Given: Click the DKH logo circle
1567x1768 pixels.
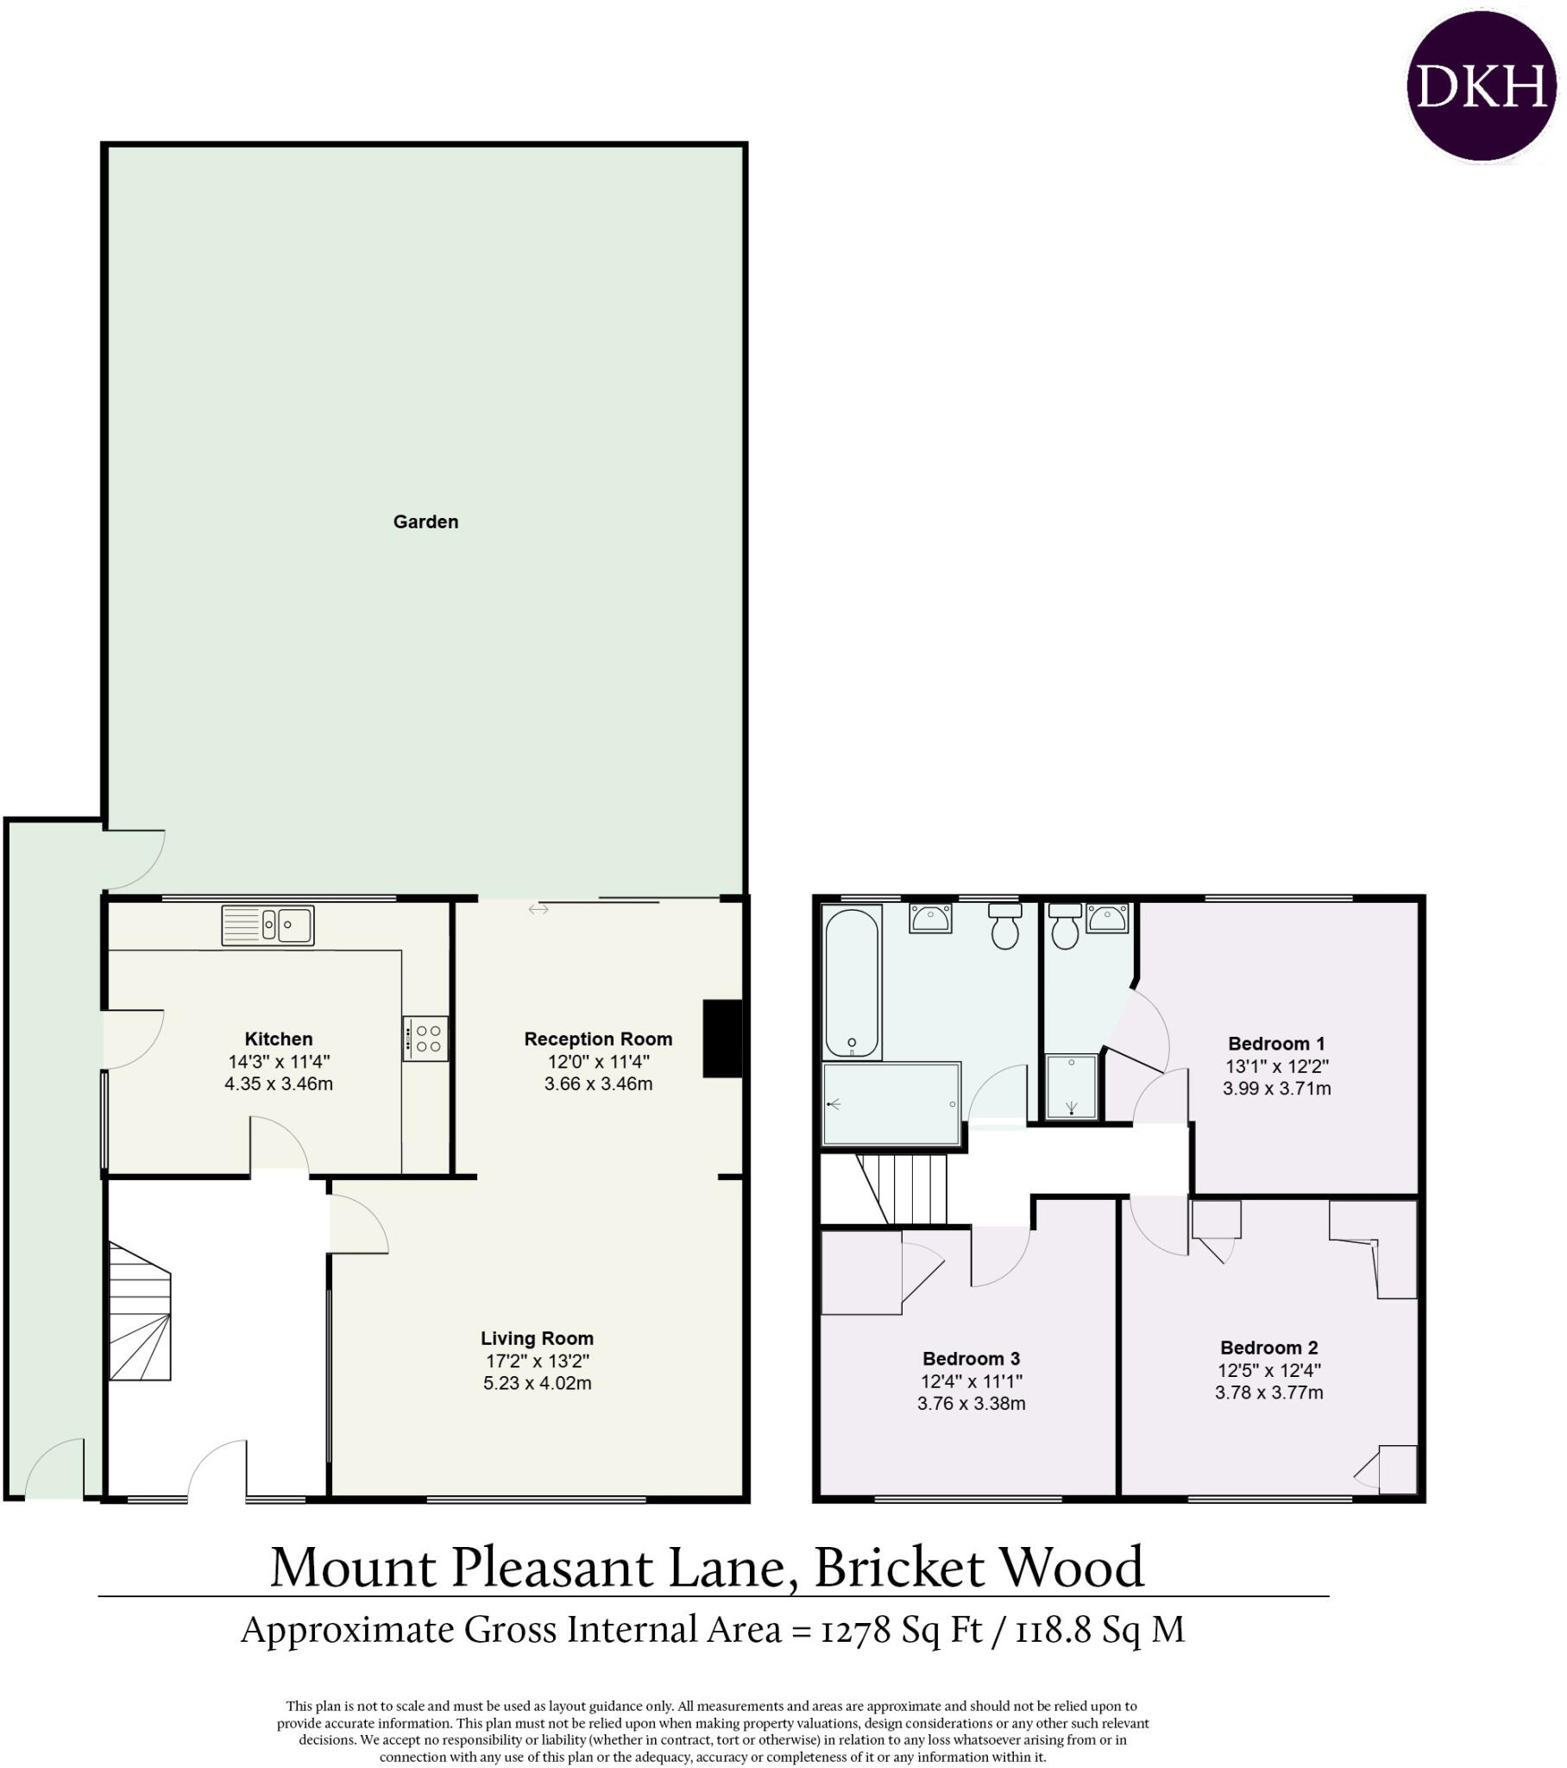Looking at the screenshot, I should click(x=1481, y=86).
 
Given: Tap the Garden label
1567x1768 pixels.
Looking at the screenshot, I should click(x=425, y=521).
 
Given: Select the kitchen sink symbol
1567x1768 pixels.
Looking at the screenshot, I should click(x=267, y=925).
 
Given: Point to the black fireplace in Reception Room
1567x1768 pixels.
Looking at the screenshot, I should click(x=722, y=1038).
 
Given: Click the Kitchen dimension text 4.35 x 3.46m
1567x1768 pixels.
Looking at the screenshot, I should click(x=279, y=1083).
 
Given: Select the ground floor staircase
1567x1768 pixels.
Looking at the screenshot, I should click(x=139, y=1314).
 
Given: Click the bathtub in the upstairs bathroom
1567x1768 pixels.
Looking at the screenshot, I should click(x=852, y=982).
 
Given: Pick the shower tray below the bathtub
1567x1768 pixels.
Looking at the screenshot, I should click(x=890, y=1103).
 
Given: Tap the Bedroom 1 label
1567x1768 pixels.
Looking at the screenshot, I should click(x=1275, y=1043).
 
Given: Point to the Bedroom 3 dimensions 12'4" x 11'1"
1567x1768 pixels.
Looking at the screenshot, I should click(x=971, y=1381).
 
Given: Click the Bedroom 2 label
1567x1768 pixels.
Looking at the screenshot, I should click(x=1268, y=1348).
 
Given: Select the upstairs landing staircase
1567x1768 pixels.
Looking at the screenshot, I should click(x=908, y=1189).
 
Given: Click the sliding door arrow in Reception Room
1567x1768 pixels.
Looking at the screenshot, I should click(x=538, y=909).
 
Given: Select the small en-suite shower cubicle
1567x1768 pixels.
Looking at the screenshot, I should click(x=1072, y=1085).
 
